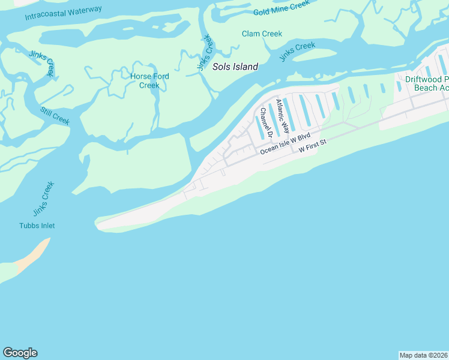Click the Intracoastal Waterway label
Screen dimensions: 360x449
point(64,13)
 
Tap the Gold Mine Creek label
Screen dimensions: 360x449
point(281,7)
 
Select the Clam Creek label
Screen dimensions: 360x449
point(262,34)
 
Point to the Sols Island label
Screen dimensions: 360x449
point(235,67)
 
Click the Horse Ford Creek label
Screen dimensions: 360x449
point(149,80)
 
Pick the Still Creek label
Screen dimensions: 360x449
point(55,116)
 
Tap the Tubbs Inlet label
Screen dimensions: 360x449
point(37,226)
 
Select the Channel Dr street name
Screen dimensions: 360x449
point(263,122)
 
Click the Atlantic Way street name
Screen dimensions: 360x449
point(280,114)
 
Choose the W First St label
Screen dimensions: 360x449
point(312,146)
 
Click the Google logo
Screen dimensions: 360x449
point(20,353)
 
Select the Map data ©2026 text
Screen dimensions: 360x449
point(423,355)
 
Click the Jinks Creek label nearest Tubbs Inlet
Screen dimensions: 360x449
point(40,199)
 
